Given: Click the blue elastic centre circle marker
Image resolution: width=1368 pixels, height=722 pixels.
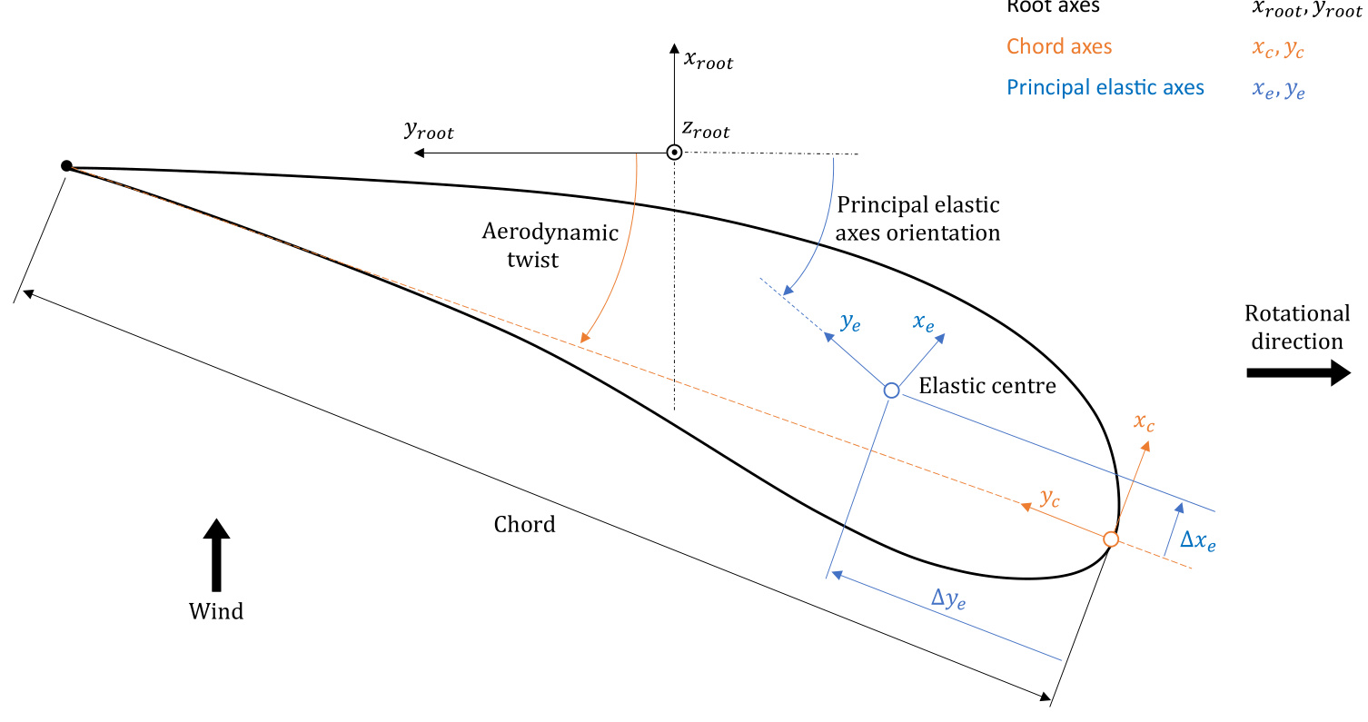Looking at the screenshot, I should pos(891,390).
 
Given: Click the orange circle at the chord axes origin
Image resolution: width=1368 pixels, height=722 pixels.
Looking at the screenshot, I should pos(1110,539).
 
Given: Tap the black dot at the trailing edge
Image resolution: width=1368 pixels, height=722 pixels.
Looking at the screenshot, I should pos(66,165).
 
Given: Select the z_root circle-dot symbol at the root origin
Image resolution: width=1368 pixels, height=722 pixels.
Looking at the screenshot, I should pos(674,153).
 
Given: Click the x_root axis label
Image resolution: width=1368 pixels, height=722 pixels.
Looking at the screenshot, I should pos(708,62).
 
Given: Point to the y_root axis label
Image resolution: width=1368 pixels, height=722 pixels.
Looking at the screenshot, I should pos(429,131).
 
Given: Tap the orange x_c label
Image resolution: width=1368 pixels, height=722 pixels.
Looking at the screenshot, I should pos(1144,422).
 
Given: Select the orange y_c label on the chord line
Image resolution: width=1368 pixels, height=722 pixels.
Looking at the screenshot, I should pos(1050,498).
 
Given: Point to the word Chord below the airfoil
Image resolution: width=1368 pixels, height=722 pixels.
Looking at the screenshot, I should pos(524,525).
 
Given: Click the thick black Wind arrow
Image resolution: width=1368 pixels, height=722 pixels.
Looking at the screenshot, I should pos(216,555).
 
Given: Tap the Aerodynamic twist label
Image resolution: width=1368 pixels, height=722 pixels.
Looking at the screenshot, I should pos(550,245).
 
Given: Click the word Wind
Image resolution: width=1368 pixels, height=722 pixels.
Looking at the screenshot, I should pos(216,611).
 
